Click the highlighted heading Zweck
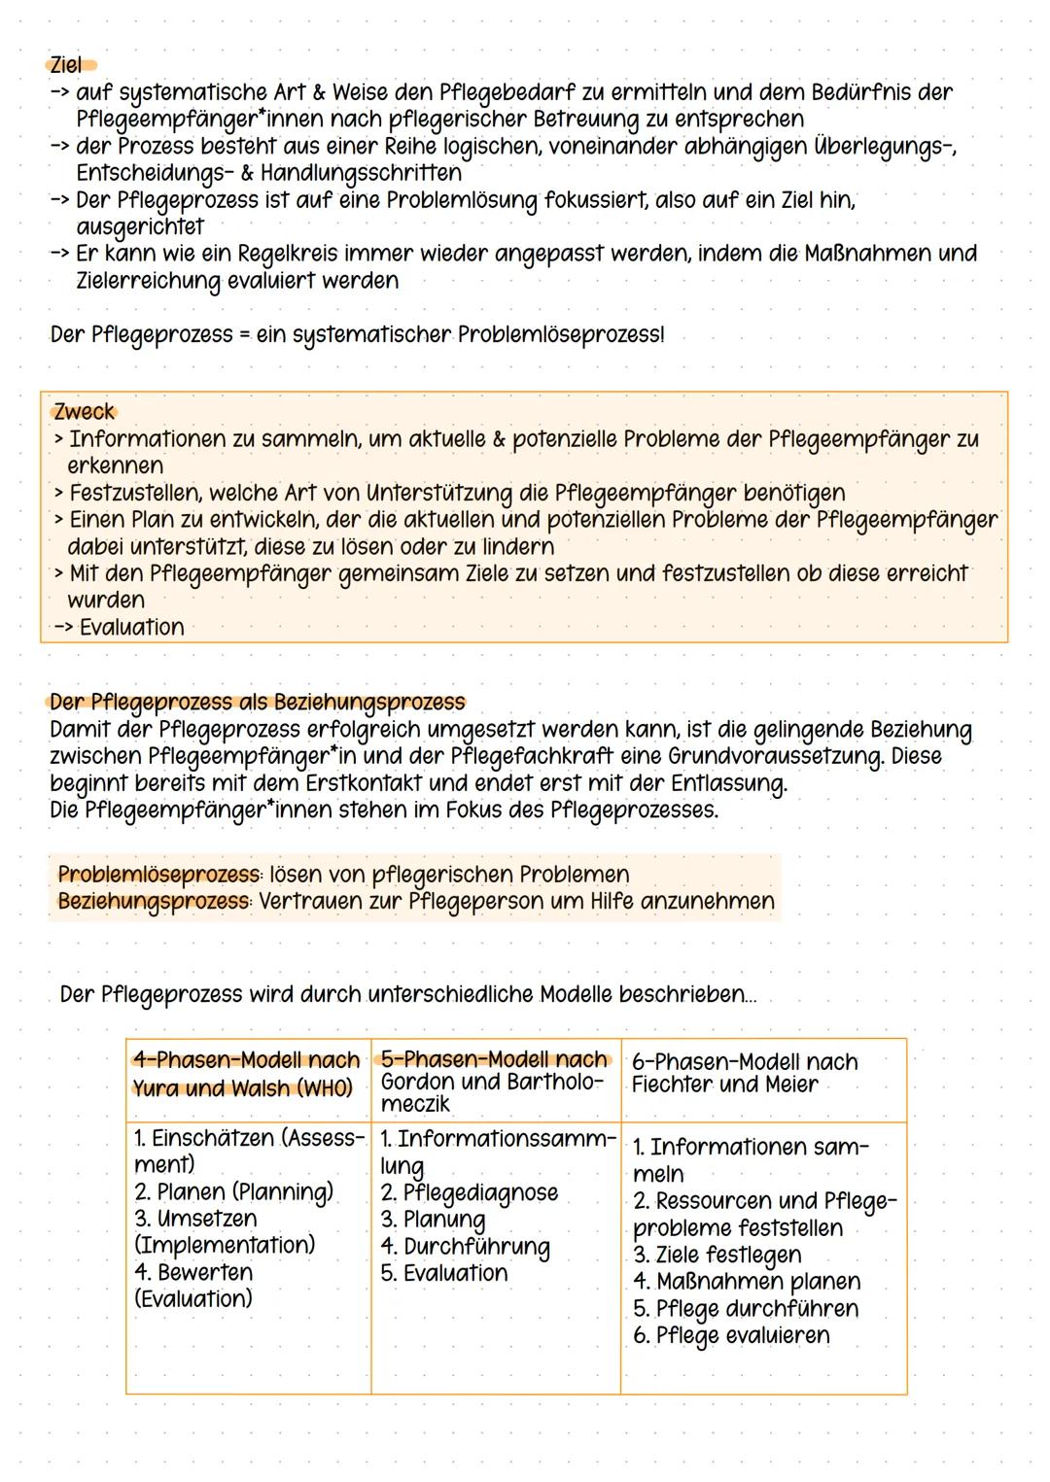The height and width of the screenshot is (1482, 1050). pyautogui.click(x=85, y=412)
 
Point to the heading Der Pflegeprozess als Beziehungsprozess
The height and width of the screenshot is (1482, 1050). pyautogui.click(x=258, y=702)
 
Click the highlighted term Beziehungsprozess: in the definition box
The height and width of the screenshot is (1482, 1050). pyautogui.click(x=154, y=902)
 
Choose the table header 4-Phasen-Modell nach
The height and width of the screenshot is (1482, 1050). pyautogui.click(x=246, y=1060)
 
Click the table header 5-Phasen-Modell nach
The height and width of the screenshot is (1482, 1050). pyautogui.click(x=495, y=1059)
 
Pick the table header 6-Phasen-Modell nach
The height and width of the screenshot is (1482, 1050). pyautogui.click(x=745, y=1062)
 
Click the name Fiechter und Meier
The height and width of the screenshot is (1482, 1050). pyautogui.click(x=724, y=1085)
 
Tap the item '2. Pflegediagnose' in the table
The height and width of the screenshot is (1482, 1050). pyautogui.click(x=469, y=1193)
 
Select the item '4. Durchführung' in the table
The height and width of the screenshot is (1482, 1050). pyautogui.click(x=465, y=1247)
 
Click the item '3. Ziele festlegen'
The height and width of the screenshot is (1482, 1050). pyautogui.click(x=717, y=1256)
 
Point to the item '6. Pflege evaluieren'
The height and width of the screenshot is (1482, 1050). pyautogui.click(x=731, y=1336)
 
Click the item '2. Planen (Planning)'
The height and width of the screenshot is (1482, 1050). pyautogui.click(x=233, y=1192)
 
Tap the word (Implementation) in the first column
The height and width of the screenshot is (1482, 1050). pyautogui.click(x=225, y=1246)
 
